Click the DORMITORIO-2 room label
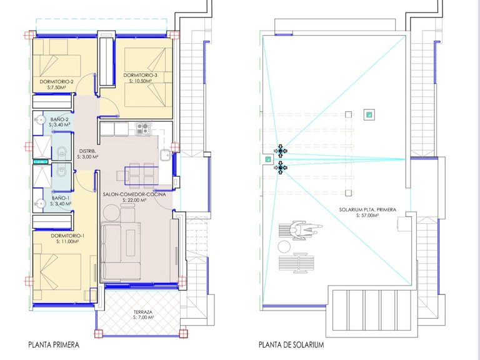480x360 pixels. pyautogui.click(x=57, y=82)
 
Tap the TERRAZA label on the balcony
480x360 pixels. pyautogui.click(x=144, y=312)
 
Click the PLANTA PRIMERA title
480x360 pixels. pyautogui.click(x=54, y=344)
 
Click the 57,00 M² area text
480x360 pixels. pyautogui.click(x=371, y=216)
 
